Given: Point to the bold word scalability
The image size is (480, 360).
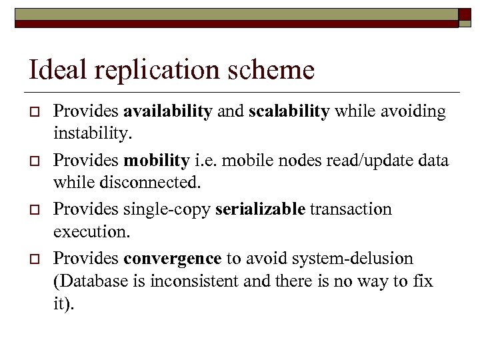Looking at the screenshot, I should click(x=289, y=112).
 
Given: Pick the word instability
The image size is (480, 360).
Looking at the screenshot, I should click(x=93, y=135).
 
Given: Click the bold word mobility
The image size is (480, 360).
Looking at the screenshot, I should click(x=157, y=161).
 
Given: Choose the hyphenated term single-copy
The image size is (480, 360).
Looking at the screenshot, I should click(x=167, y=209).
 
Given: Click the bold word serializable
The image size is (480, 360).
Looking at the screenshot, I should click(x=260, y=209).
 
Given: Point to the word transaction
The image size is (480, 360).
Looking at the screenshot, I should click(x=351, y=209).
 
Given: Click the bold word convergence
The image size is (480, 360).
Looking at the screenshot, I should click(x=172, y=258).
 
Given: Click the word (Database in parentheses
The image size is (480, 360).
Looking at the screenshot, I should click(x=84, y=281).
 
